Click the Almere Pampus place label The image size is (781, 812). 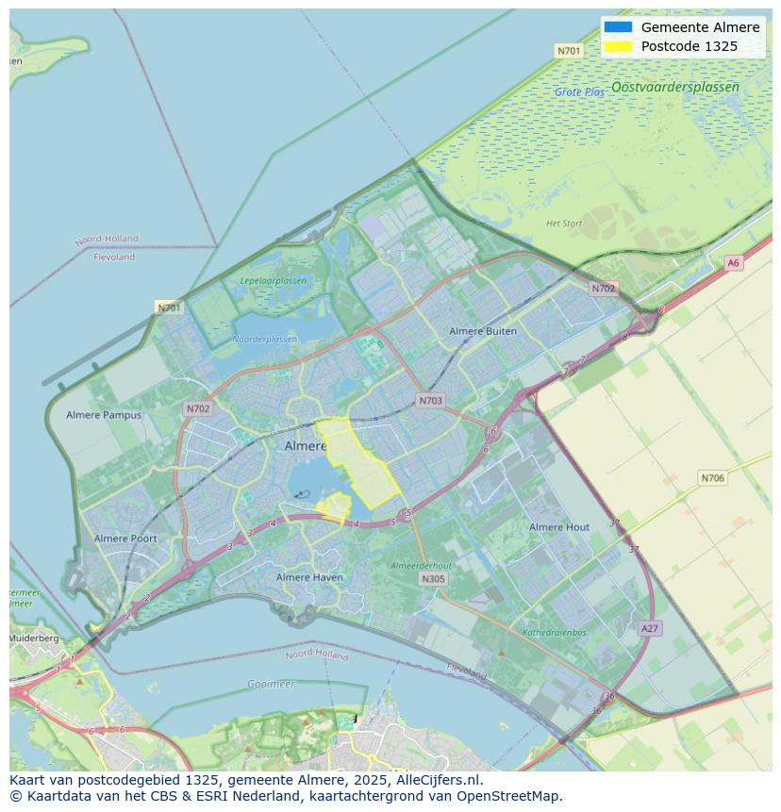coord(104,415)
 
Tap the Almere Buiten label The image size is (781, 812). coord(483,331)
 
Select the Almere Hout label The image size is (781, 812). coord(559,527)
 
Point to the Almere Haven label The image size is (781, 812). coord(309,577)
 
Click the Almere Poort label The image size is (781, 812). coord(125,539)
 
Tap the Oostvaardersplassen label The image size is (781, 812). coord(674,87)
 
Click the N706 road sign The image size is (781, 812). coord(713,478)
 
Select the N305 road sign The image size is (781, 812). coord(433,579)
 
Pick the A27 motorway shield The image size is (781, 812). coord(649,628)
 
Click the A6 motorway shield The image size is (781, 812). coord(733,263)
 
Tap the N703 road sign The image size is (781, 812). coord(430,401)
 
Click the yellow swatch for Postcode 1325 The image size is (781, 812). coord(618,46)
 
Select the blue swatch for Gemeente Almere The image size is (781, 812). coord(618,27)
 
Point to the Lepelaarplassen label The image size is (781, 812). coord(274,281)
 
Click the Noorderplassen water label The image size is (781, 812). coord(265,340)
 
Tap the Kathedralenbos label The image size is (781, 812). coord(555,633)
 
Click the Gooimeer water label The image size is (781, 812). coord(271,684)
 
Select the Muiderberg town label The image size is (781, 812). coord(33,638)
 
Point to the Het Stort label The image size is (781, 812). coord(564,224)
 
